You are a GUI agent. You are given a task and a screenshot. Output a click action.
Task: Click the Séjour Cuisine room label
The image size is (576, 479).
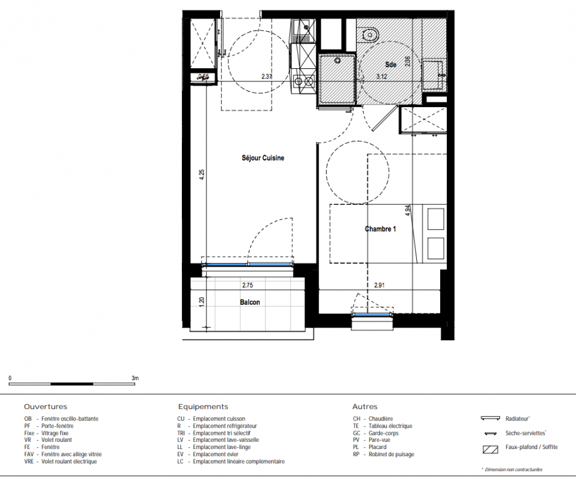[263, 158]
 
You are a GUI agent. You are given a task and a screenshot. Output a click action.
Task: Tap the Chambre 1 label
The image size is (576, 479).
[380, 229]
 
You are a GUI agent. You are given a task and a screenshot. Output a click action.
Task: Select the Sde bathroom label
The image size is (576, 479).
[391, 64]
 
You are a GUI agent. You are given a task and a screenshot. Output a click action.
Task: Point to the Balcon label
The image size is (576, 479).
[250, 302]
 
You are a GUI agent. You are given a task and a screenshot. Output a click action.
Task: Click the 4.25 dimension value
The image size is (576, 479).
[202, 174]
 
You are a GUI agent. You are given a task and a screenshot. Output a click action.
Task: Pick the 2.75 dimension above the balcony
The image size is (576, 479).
[248, 285]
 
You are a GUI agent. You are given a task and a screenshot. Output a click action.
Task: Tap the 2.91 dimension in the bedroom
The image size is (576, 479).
[379, 285]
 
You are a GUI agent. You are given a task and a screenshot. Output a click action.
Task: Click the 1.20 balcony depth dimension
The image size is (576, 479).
[202, 302]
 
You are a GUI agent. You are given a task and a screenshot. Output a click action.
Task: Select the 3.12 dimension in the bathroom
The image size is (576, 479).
[382, 77]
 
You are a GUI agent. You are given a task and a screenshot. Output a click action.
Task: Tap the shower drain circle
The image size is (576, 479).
[337, 60]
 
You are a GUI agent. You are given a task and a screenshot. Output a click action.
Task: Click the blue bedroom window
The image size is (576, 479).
[373, 315]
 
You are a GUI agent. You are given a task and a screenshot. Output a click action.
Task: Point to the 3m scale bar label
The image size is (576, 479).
[135, 378]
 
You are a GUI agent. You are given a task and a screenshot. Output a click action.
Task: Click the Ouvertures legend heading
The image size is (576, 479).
[45, 407]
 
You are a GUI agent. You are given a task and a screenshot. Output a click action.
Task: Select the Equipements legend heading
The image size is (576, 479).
[203, 407]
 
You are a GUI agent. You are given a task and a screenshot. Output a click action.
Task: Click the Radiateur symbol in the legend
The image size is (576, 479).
[490, 419]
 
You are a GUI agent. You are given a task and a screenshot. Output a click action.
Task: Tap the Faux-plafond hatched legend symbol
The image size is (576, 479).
[490, 449]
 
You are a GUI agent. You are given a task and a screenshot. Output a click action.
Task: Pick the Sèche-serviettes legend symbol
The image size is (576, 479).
[491, 433]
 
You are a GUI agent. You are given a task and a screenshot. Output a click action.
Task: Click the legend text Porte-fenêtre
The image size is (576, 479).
[57, 426]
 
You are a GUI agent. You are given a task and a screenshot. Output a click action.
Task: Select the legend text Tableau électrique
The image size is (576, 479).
[391, 426]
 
